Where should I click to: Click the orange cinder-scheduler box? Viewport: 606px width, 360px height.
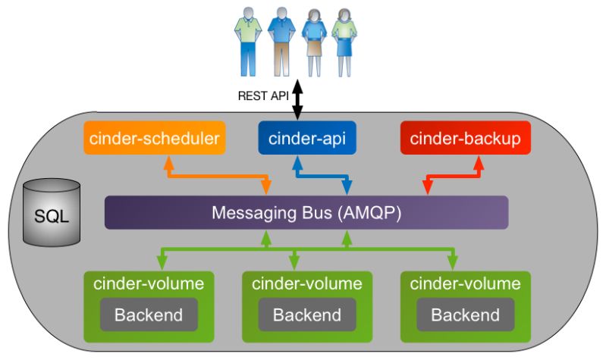[155, 138]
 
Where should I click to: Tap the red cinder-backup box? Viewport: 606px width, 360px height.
[465, 138]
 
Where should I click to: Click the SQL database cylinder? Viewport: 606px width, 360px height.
[51, 212]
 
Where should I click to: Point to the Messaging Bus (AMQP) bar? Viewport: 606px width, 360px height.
[306, 212]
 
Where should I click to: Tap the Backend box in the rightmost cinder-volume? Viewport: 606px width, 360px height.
[465, 314]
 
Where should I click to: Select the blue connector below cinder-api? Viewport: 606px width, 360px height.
[322, 177]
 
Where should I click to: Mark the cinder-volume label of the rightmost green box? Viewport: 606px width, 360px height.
[465, 284]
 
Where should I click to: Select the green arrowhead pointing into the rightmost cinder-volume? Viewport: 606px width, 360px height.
[452, 263]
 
